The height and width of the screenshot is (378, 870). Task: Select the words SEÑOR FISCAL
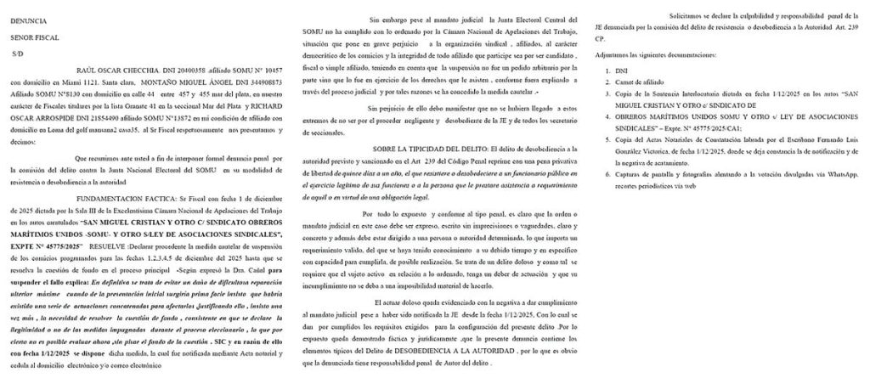31,37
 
